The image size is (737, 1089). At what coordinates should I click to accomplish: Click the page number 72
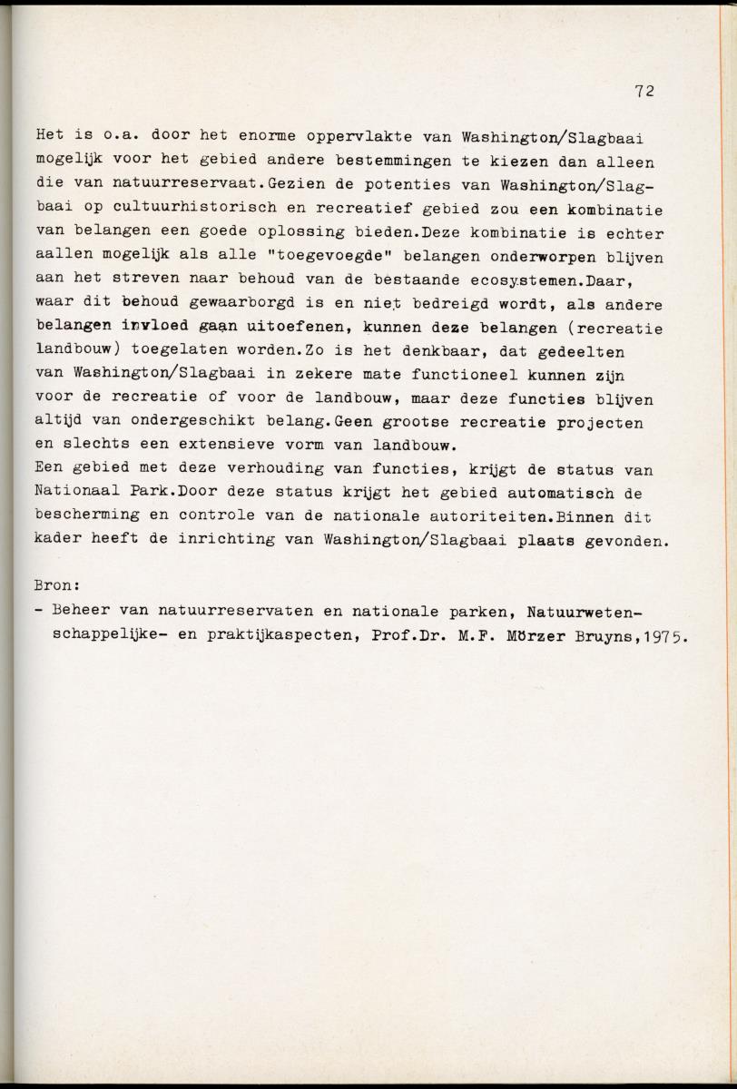tap(645, 91)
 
